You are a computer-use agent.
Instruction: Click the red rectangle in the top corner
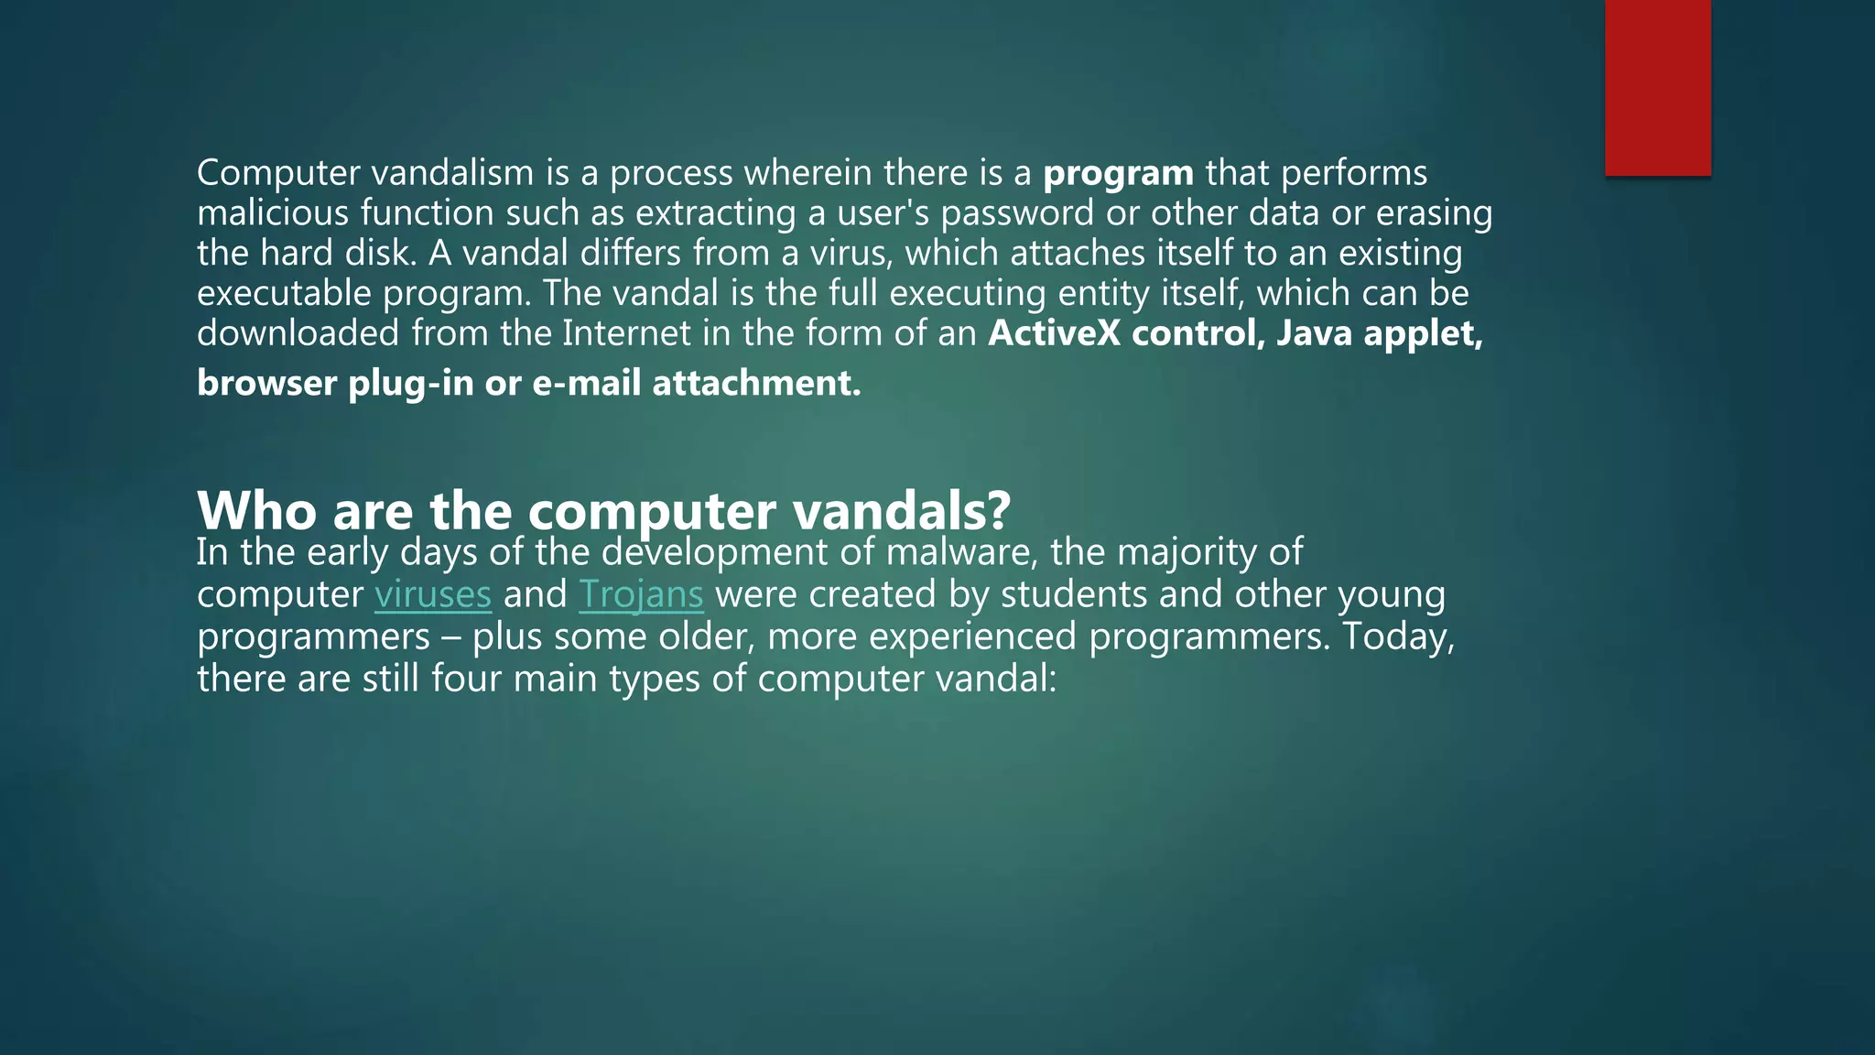[x=1657, y=87]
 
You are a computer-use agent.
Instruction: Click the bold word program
[x=1118, y=173]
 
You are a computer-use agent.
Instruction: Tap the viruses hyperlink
[x=433, y=595]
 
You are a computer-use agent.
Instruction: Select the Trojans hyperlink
[x=641, y=595]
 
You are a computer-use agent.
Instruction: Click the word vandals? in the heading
[x=901, y=511]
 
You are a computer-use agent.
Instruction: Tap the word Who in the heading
[x=258, y=511]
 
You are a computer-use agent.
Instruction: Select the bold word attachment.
[x=756, y=383]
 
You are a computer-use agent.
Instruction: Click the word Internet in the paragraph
[x=626, y=333]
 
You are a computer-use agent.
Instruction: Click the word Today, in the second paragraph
[x=1398, y=636]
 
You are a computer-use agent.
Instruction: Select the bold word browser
[x=266, y=383]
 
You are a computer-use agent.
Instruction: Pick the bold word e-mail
[x=586, y=383]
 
